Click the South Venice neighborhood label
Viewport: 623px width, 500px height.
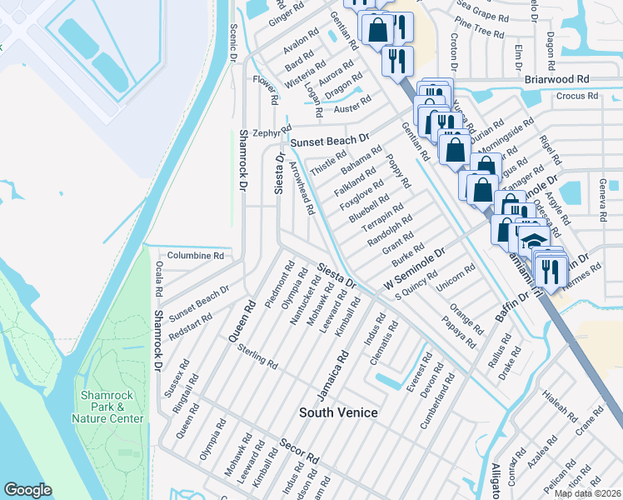(x=338, y=412)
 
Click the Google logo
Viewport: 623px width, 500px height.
(x=27, y=489)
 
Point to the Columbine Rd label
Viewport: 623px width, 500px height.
(x=196, y=256)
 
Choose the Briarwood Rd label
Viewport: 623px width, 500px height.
(x=557, y=78)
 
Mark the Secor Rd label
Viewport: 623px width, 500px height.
(x=299, y=451)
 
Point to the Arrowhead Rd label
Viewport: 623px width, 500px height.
(x=301, y=188)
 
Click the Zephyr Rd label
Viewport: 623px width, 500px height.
(x=268, y=132)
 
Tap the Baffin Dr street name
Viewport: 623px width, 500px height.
(x=512, y=307)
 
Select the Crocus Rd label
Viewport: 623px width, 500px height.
(x=577, y=96)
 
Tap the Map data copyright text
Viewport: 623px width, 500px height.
(x=586, y=493)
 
